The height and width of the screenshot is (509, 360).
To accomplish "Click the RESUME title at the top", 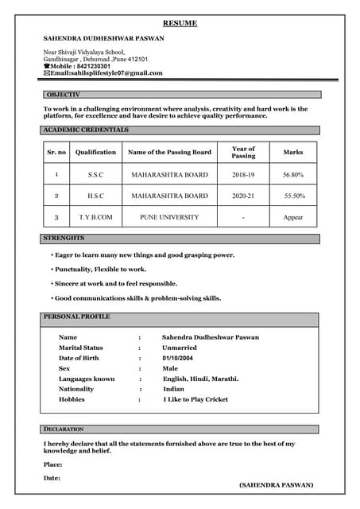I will (x=180, y=24).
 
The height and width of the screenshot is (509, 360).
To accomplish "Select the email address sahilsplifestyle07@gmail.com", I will (x=106, y=73).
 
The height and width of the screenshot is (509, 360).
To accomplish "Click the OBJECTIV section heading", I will (x=64, y=95).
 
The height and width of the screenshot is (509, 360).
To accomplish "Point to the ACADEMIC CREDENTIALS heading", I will (x=86, y=130).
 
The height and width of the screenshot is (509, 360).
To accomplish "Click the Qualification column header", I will (x=95, y=152).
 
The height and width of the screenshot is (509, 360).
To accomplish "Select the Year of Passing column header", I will (x=243, y=152).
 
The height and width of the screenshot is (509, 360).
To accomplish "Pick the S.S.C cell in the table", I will (x=95, y=174).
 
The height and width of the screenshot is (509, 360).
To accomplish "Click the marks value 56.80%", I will (x=293, y=174).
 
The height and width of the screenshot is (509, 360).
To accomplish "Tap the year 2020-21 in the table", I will (x=243, y=196).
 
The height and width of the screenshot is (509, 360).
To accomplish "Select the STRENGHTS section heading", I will (x=64, y=239).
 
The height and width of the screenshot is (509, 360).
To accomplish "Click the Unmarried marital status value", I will (x=180, y=348).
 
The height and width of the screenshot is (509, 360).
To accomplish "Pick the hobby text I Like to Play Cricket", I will (x=195, y=400).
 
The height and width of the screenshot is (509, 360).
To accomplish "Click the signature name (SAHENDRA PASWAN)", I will (x=276, y=484).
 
